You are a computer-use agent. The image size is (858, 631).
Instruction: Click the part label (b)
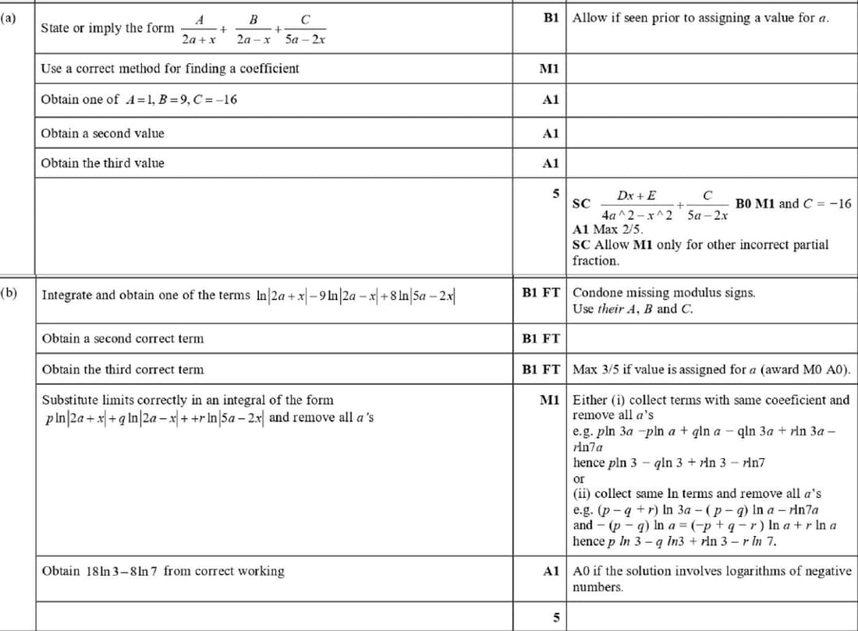pyautogui.click(x=9, y=294)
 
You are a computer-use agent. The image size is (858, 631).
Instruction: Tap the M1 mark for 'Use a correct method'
pyautogui.click(x=550, y=69)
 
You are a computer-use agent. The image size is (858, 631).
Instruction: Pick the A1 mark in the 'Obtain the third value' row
pyautogui.click(x=550, y=164)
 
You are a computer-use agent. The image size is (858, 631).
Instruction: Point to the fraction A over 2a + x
pyautogui.click(x=200, y=28)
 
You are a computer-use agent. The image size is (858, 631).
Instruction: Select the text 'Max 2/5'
pyautogui.click(x=618, y=229)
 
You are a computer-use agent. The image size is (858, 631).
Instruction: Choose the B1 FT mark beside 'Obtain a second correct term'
pyautogui.click(x=541, y=339)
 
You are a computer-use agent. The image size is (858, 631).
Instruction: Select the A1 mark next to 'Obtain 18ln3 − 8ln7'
pyautogui.click(x=550, y=571)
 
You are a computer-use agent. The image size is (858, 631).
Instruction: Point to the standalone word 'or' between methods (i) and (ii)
pyautogui.click(x=579, y=478)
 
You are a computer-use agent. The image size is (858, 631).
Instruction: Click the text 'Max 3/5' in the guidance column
pyautogui.click(x=595, y=369)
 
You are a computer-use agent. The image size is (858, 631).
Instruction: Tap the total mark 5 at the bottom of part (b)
pyautogui.click(x=556, y=618)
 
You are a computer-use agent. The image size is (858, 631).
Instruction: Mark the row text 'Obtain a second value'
pyautogui.click(x=103, y=133)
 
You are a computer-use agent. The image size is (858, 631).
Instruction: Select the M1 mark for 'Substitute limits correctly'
pyautogui.click(x=550, y=400)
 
